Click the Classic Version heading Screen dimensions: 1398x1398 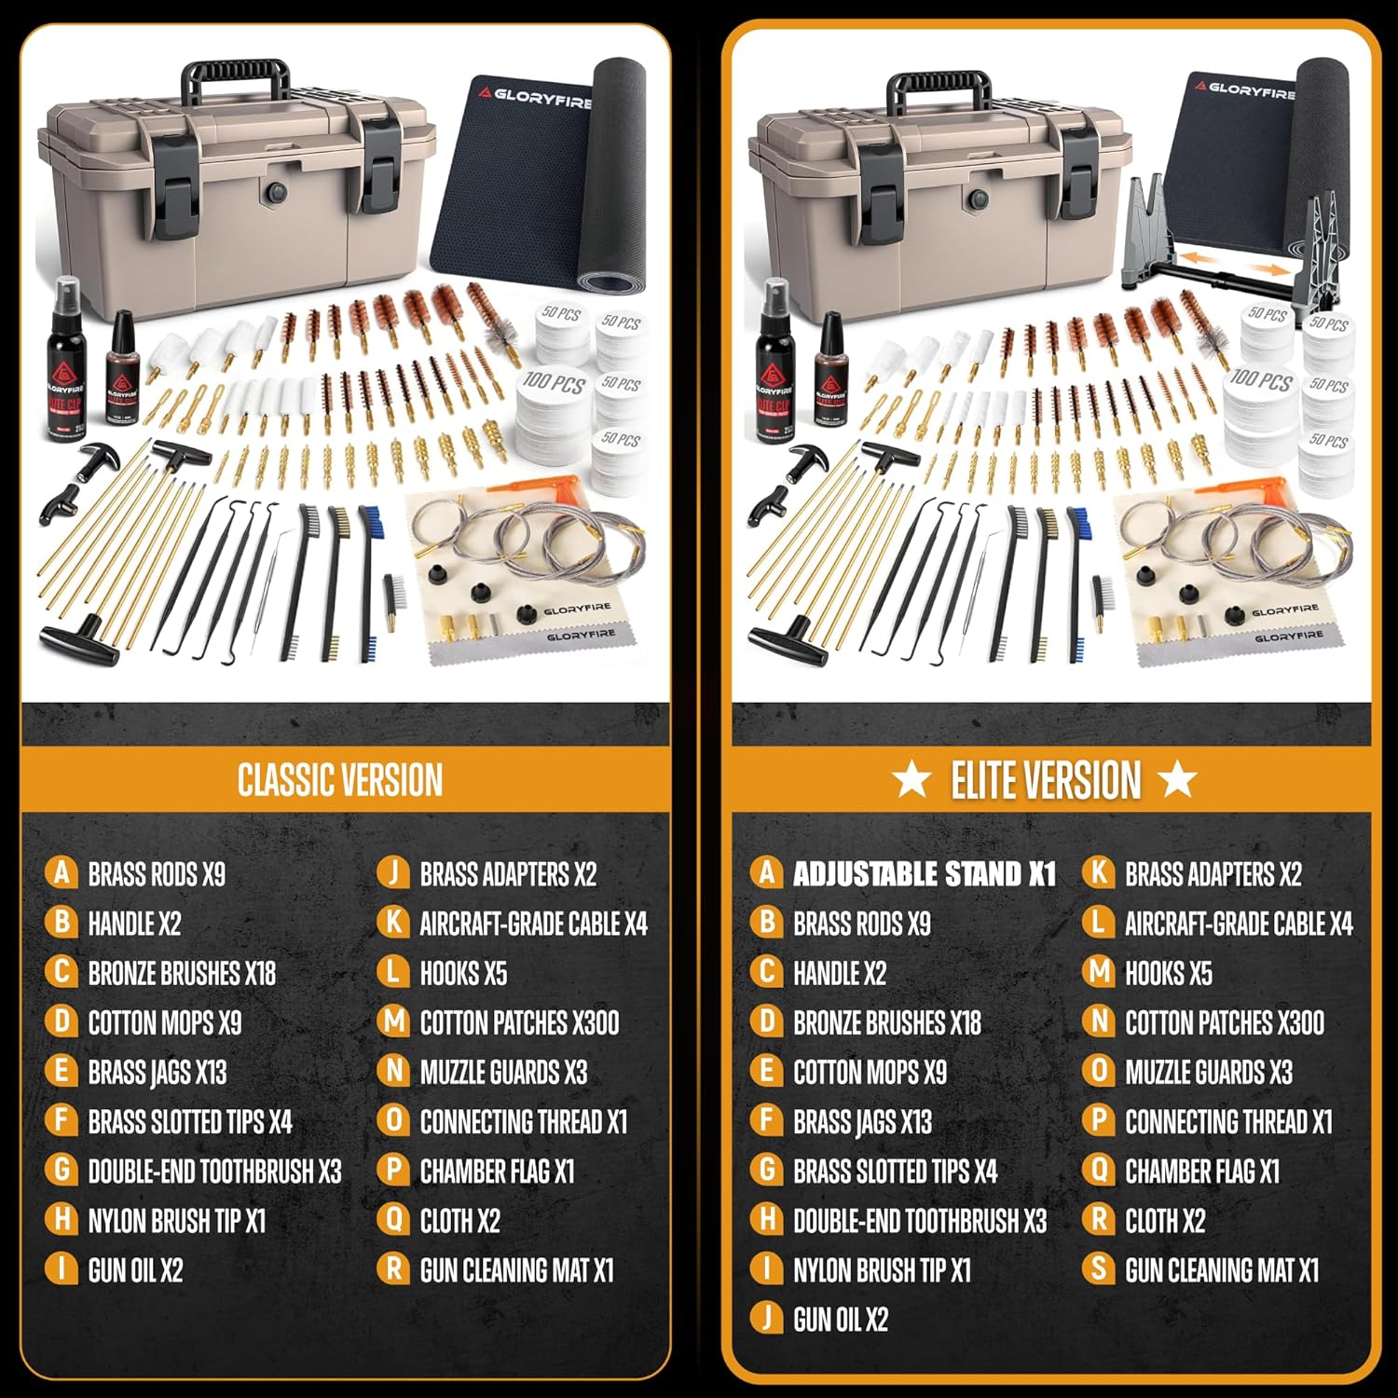[x=340, y=780]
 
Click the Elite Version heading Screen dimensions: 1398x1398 [x=1046, y=780]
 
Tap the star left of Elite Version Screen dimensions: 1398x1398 [x=911, y=779]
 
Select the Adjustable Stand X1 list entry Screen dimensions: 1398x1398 [x=923, y=874]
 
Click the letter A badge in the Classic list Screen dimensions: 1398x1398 [x=62, y=873]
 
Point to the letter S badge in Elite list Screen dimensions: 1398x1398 [x=1099, y=1268]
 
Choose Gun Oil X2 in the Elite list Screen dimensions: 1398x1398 [x=840, y=1319]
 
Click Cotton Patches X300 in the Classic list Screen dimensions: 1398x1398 [x=519, y=1022]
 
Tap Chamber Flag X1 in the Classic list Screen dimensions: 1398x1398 [x=497, y=1171]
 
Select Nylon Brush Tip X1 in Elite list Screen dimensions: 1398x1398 [x=882, y=1269]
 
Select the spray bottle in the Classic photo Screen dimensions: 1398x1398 [x=67, y=363]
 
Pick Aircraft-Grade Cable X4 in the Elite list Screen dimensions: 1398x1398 [x=1238, y=924]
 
